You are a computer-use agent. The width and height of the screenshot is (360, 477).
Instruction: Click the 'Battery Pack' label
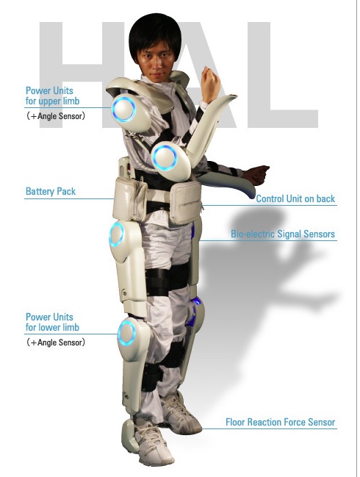coord(51,191)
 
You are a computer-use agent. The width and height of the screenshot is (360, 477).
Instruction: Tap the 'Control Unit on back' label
coord(295,198)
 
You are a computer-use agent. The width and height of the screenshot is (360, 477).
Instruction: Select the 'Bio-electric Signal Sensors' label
coord(283,234)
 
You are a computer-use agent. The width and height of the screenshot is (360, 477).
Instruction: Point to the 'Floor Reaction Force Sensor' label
coord(280,422)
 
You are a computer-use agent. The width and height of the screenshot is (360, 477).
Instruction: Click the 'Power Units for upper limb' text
coord(52,96)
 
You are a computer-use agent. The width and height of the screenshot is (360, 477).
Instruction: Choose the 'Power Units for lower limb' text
coord(52,322)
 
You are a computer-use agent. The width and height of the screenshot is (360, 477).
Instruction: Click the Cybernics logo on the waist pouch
coord(188,205)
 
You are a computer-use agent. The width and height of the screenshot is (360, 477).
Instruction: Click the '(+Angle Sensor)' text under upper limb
coord(56,116)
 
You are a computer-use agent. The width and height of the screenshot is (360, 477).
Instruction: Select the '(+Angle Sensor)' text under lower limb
coord(56,342)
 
